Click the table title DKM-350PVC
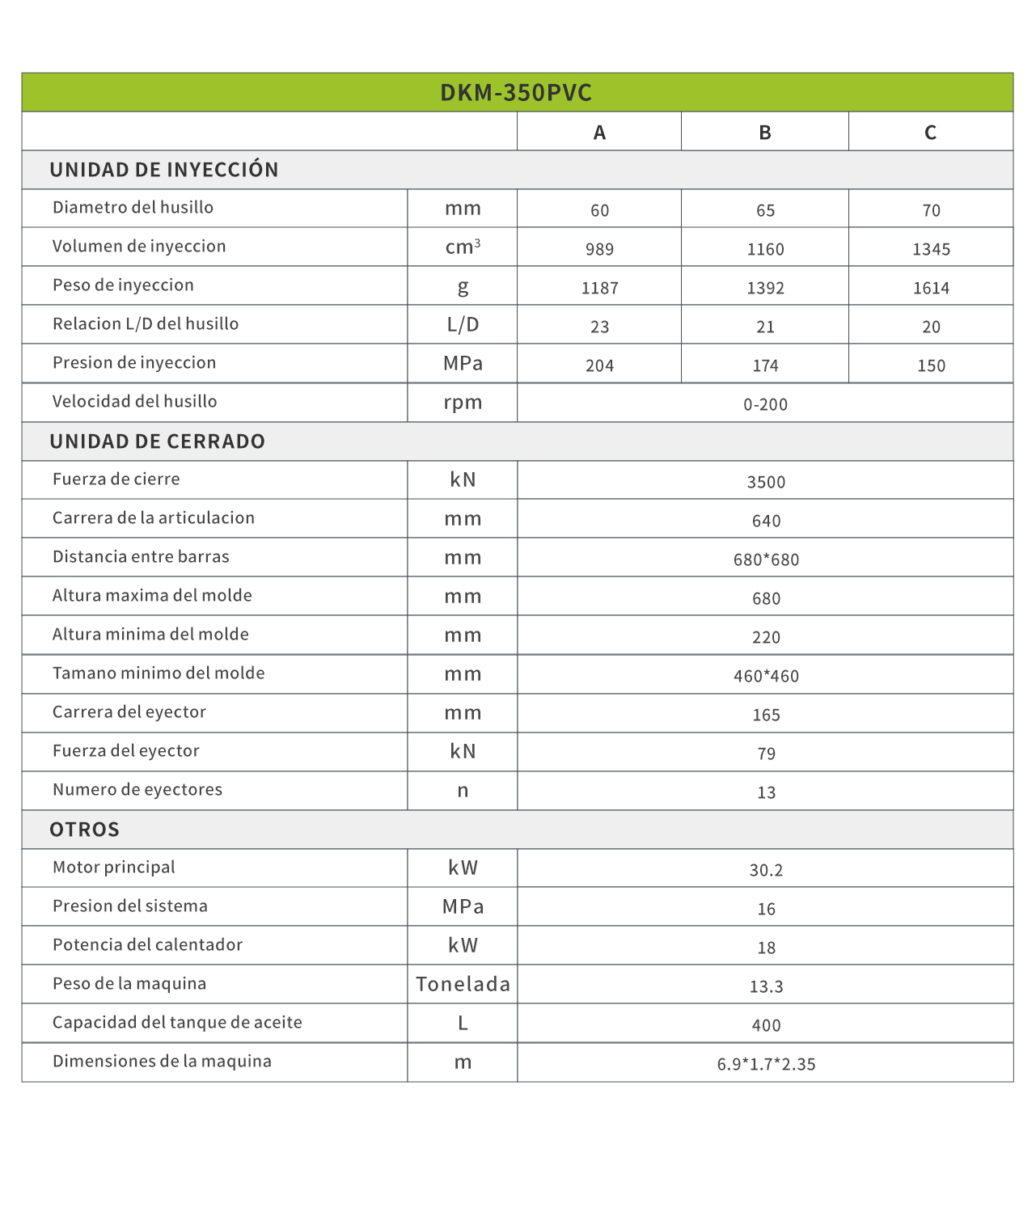click(x=516, y=93)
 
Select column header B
click(x=764, y=133)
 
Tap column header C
click(x=930, y=133)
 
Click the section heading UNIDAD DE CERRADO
click(x=158, y=441)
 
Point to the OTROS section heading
click(x=85, y=830)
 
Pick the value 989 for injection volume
click(x=599, y=249)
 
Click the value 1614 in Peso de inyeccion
click(x=931, y=288)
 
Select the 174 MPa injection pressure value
click(x=765, y=365)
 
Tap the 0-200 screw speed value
click(x=765, y=404)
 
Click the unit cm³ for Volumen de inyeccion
click(x=463, y=247)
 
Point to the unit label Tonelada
click(x=463, y=984)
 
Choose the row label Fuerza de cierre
click(x=116, y=479)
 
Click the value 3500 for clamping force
click(x=766, y=482)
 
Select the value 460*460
click(x=766, y=676)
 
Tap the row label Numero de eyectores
click(x=137, y=790)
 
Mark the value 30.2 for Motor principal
click(x=766, y=870)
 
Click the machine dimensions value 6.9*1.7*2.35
click(x=766, y=1064)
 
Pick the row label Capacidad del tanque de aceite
click(x=177, y=1023)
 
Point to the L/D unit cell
click(x=463, y=325)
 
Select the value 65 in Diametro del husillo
click(x=765, y=210)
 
